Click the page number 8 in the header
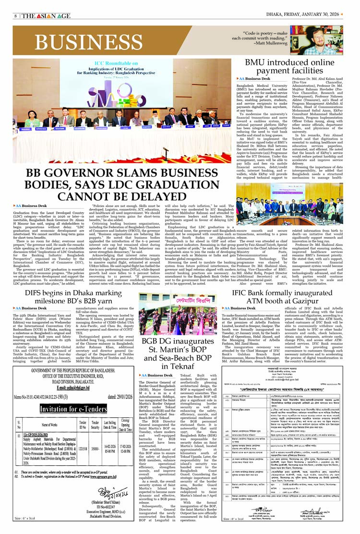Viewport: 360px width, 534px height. [15, 15]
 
